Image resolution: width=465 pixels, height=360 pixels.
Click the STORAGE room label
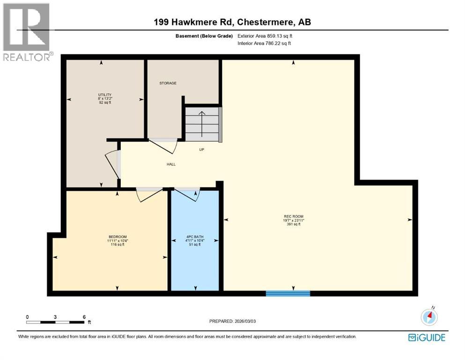coord(168,83)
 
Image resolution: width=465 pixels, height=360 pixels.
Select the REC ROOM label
coord(294,216)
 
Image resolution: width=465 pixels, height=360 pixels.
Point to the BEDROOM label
coord(118,236)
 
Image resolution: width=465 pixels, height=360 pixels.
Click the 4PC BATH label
coord(194,236)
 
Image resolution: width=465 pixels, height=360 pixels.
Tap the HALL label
coord(171,164)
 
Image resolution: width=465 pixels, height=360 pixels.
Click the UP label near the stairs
coord(202,150)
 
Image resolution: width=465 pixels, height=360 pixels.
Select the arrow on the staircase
coord(201,123)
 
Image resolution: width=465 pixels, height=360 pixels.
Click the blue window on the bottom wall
coord(288,293)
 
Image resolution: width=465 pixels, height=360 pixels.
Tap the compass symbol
coord(429,317)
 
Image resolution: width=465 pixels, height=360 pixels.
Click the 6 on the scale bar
coord(84,317)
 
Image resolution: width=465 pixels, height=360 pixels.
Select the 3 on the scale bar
coord(55,317)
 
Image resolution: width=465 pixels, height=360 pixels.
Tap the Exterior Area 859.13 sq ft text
coord(267,36)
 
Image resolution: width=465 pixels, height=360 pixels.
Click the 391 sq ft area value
coord(293,224)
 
